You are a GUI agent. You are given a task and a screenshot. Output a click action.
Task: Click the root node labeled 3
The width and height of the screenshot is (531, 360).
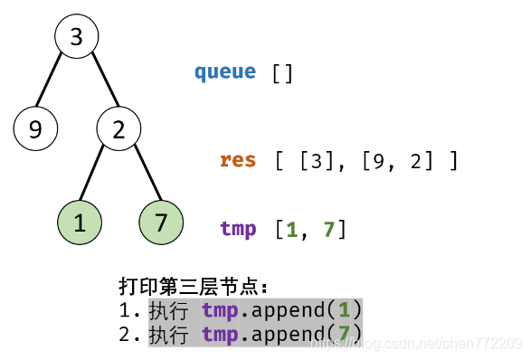coord(76,37)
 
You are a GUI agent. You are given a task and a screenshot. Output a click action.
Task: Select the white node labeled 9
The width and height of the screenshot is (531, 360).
coord(35,129)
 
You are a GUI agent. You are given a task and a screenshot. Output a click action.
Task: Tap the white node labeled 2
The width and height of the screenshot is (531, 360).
coord(119,129)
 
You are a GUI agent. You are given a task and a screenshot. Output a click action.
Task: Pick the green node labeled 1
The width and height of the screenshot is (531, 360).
coord(80,223)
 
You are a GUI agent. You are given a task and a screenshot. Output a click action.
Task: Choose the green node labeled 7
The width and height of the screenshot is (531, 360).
coord(161,223)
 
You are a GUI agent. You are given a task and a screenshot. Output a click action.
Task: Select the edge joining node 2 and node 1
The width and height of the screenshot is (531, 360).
coord(98,175)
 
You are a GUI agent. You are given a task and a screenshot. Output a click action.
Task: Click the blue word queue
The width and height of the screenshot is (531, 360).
coord(225,72)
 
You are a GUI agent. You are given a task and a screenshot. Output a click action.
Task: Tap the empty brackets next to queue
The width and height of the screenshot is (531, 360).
coord(283,72)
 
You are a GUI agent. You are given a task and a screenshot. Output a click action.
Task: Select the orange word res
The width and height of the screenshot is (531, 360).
coord(238,161)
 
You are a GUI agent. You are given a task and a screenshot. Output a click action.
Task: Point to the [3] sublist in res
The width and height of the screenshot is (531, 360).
coord(317,161)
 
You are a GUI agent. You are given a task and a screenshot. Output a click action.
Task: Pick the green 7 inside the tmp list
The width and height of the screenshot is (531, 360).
coord(328,230)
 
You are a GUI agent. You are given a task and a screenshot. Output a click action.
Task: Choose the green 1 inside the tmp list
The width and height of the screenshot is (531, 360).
coord(291,230)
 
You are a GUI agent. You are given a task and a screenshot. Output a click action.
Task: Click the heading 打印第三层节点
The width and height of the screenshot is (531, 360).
coord(193,287)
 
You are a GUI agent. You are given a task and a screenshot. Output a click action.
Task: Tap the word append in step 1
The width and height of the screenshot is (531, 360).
coord(283,311)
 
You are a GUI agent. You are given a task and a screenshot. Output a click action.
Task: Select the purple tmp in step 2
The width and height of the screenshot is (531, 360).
coord(220,336)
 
